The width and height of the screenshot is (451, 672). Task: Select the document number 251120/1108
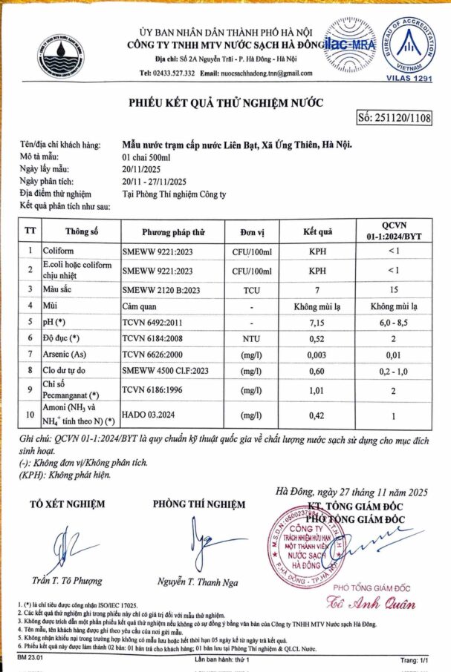pos(395,117)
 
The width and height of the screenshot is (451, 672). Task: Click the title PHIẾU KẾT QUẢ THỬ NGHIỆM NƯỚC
pos(226,102)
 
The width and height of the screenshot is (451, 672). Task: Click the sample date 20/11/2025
pos(143,169)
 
